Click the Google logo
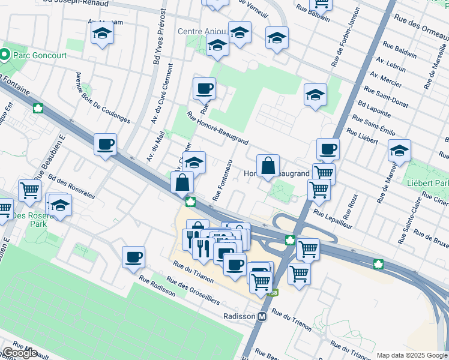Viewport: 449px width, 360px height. point(20,353)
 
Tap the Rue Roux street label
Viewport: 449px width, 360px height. point(350,206)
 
